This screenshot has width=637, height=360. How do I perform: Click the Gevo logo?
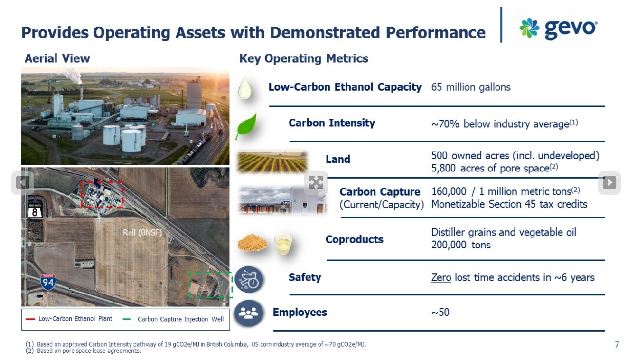(558, 28)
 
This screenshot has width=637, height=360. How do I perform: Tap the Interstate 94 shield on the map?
(48, 282)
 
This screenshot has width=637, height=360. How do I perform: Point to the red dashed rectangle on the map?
(102, 194)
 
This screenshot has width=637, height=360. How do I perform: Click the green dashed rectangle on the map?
(210, 285)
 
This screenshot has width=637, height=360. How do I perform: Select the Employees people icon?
(249, 313)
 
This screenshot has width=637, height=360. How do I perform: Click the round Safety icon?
(249, 279)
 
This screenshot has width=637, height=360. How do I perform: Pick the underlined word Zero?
(441, 277)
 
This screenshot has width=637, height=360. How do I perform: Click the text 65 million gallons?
(471, 87)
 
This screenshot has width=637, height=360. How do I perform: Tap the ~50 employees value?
(440, 313)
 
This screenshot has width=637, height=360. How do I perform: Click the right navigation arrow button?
(609, 182)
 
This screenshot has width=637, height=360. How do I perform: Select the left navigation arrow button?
(23, 182)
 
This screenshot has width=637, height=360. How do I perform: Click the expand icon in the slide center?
(316, 182)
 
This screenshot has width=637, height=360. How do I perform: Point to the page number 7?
(617, 345)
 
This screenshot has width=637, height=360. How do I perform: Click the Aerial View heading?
(57, 58)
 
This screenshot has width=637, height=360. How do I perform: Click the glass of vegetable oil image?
(283, 243)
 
